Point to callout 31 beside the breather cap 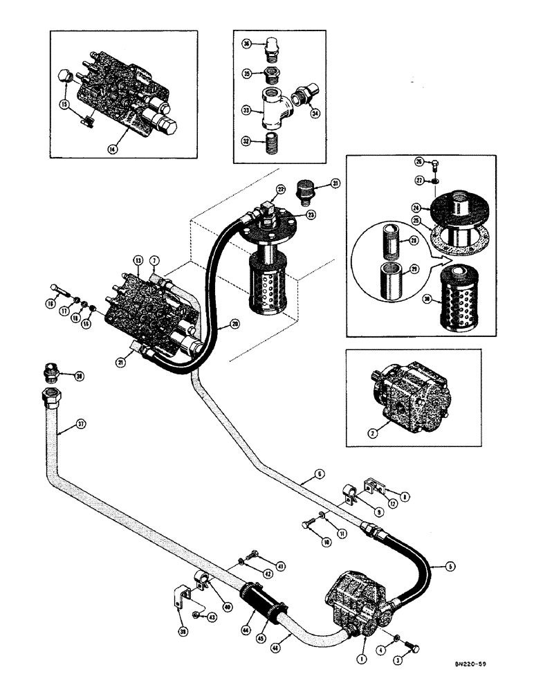(x=335, y=183)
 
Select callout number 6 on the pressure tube (x=318, y=474)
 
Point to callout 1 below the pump (x=361, y=659)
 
